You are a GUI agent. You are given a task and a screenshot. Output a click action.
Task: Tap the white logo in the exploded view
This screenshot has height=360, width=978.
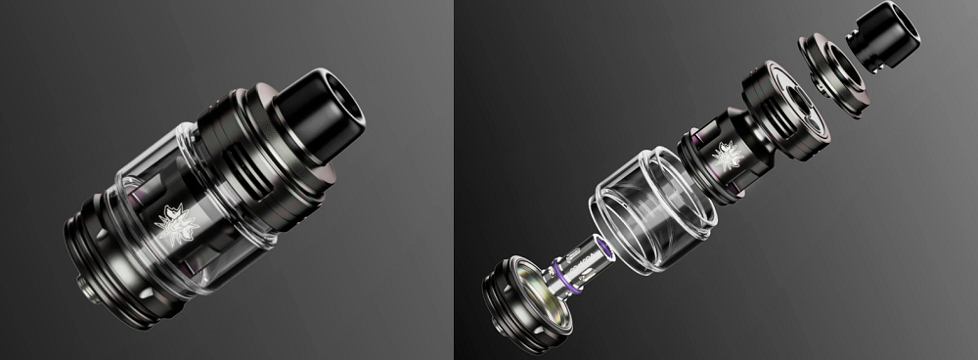tap(729, 155)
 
